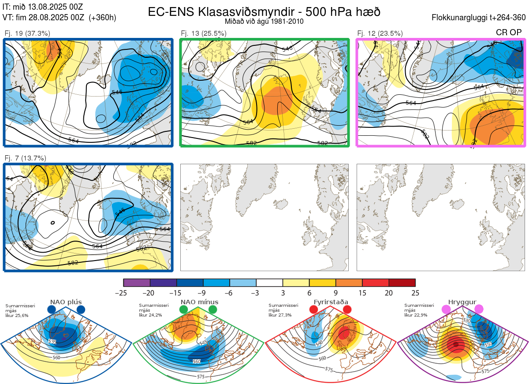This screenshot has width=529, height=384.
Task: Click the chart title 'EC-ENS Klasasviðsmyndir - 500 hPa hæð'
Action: [264, 11]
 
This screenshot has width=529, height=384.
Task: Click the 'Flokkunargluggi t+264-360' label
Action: [480, 18]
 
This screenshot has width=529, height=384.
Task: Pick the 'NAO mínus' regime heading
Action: [199, 302]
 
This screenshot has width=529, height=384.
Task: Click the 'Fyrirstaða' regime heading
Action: [331, 302]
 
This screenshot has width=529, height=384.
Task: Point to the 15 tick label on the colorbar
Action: [362, 293]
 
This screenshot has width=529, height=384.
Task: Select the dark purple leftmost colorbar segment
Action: [137, 282]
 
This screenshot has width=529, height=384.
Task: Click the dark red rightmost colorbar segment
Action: [402, 282]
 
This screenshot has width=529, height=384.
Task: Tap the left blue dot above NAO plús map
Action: [51, 310]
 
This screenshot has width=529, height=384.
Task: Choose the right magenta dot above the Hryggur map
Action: [479, 310]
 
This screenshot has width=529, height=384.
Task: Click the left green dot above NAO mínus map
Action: [183, 310]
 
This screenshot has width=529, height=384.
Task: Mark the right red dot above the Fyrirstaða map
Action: [346, 310]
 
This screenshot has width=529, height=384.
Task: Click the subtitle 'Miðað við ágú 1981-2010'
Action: [264, 21]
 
